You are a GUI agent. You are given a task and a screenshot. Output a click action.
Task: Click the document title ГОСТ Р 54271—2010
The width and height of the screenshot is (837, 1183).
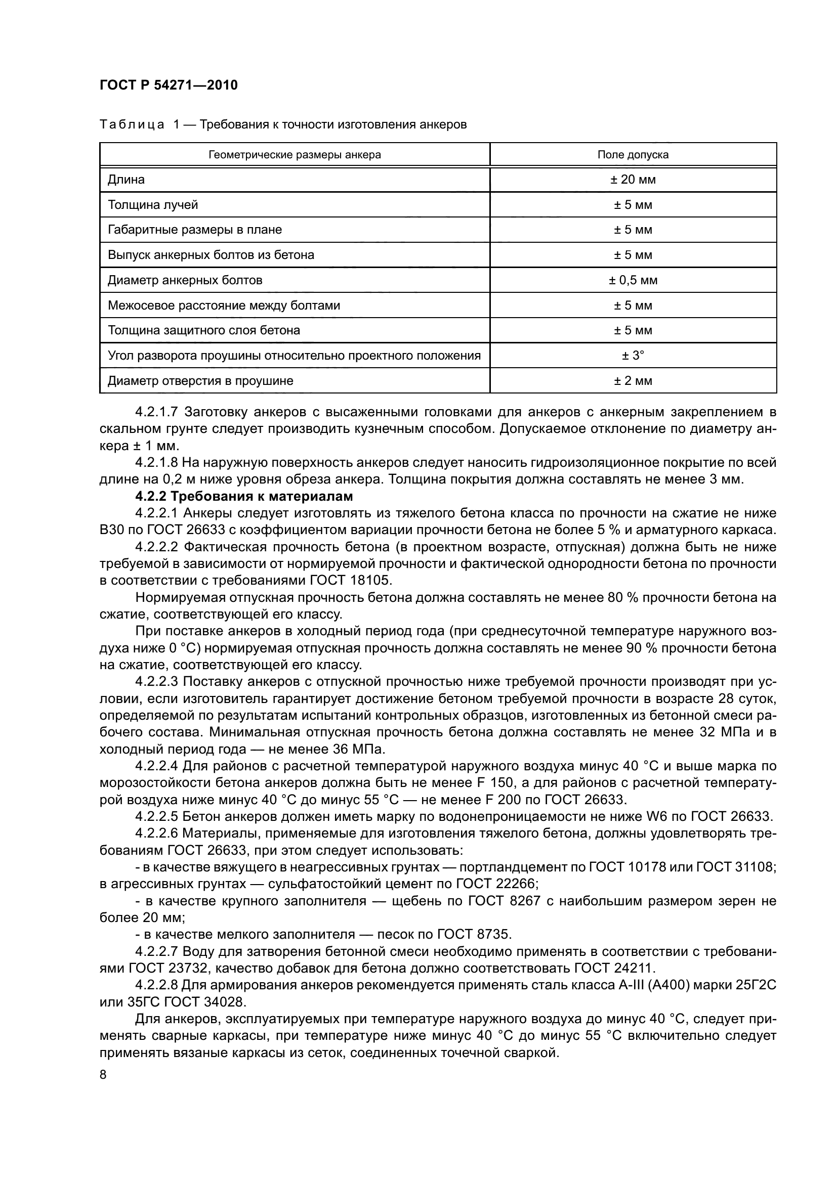click(x=169, y=85)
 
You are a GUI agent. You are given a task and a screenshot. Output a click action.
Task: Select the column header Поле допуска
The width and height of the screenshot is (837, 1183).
click(x=633, y=155)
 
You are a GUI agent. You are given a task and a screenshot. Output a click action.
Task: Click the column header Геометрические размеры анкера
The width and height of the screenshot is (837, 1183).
click(x=295, y=155)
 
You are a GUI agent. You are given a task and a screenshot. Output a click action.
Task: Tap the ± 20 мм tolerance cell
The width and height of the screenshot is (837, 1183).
click(x=633, y=180)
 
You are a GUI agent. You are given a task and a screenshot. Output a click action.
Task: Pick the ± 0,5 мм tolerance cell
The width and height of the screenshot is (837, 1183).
click(x=633, y=280)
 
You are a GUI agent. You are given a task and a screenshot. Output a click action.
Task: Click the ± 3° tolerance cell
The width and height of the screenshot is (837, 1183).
click(x=633, y=356)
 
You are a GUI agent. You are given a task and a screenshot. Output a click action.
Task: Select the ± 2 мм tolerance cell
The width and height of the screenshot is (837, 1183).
click(x=633, y=381)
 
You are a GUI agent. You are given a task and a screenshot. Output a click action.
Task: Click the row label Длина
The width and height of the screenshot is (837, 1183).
click(x=126, y=180)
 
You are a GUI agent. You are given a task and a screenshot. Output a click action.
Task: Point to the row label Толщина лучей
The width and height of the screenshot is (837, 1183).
click(x=152, y=205)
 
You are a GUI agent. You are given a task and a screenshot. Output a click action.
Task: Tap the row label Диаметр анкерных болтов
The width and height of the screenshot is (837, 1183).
click(x=185, y=280)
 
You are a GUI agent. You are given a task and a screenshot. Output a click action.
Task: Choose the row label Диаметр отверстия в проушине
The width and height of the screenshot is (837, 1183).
click(x=200, y=381)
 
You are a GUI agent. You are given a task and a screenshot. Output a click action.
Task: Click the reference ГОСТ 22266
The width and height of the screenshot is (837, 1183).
click(x=497, y=884)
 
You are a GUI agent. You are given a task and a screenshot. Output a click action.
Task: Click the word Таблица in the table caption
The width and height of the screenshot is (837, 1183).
click(x=132, y=125)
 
